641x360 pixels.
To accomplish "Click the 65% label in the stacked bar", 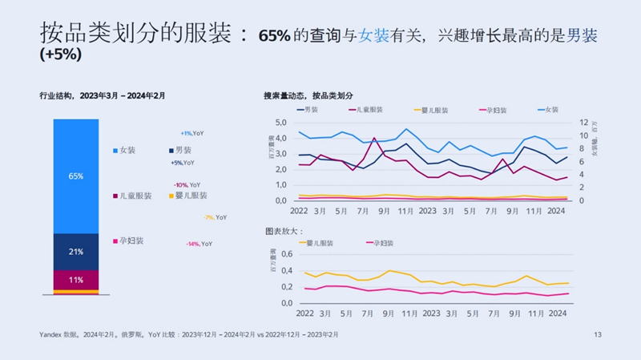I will (76, 176).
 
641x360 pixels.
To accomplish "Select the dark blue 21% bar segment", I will (76, 252).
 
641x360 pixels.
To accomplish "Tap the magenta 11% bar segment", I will (76, 280).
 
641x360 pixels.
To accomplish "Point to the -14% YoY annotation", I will (200, 243).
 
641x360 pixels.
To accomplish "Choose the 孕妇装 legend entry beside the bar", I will (131, 241).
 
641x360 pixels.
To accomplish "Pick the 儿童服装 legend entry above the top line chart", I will (366, 109).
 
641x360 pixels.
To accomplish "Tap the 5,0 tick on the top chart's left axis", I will (280, 123).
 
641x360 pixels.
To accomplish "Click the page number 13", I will (597, 334).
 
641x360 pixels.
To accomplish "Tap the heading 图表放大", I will (282, 230).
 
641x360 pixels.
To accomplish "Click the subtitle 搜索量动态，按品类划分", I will (308, 95).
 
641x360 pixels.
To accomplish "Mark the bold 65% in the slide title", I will (275, 36).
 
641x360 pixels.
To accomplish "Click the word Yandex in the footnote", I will (52, 334).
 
